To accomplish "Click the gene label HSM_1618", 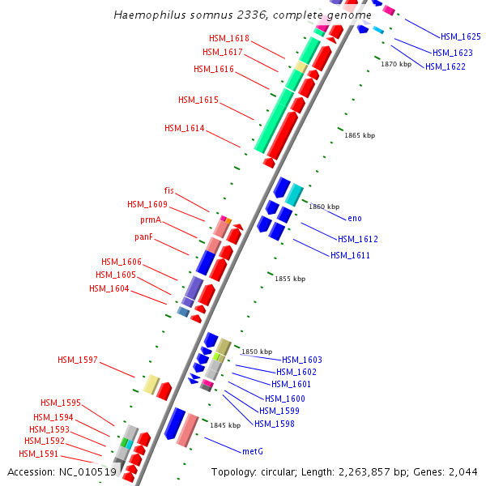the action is [229, 38].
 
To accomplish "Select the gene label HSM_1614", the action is [185, 128].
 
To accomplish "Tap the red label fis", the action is [168, 190].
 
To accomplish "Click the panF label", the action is [149, 237].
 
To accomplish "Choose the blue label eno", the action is [355, 219].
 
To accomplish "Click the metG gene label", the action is [254, 450].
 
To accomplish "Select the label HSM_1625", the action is [461, 36].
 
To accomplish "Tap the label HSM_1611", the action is [350, 255].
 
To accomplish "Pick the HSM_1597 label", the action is [78, 360].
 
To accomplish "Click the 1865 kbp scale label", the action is [360, 135].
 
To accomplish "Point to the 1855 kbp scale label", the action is [290, 279].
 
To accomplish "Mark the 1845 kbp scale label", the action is [225, 424].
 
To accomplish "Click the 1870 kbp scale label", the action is [396, 64].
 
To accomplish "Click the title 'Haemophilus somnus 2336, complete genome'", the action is [243, 15].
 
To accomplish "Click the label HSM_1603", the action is [302, 360].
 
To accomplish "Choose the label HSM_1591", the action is [39, 454].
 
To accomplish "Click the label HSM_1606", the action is [122, 262].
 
